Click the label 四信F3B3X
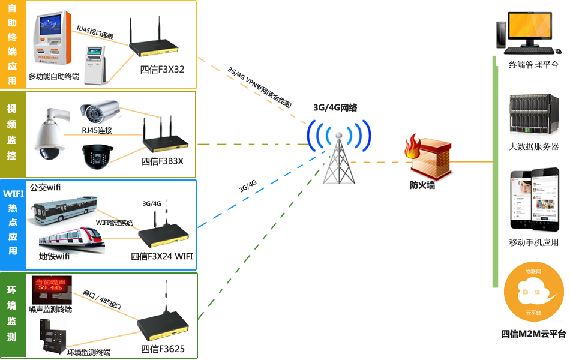click(x=162, y=161)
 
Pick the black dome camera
click(x=98, y=155)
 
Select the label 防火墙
click(x=422, y=185)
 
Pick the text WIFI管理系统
click(x=114, y=223)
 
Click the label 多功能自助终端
click(x=54, y=77)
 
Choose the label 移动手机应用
click(x=533, y=242)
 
